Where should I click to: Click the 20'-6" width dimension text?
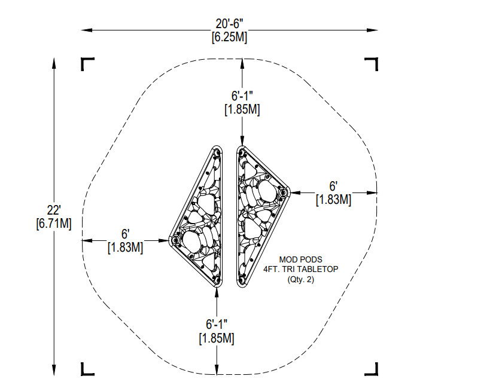point(229,24)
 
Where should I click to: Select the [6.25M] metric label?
point(229,37)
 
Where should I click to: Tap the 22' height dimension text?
point(53,210)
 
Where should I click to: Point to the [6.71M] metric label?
point(54,224)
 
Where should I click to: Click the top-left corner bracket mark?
point(87,63)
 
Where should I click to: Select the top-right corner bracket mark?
point(372,63)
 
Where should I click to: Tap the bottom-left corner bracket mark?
point(87,369)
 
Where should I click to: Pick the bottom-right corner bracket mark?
point(372,369)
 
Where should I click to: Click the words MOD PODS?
point(301,260)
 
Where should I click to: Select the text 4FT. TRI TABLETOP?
point(301,270)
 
